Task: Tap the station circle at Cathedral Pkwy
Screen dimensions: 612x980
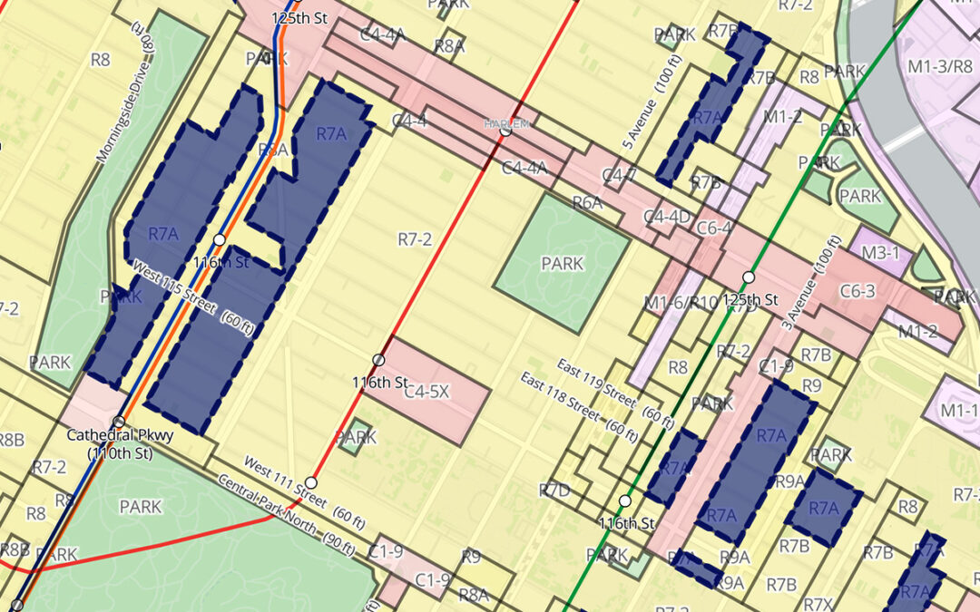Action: tap(119, 422)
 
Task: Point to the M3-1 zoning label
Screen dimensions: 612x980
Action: tap(880, 253)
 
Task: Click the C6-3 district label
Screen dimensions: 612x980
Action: tap(857, 291)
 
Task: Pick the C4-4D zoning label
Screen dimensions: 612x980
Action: tap(667, 218)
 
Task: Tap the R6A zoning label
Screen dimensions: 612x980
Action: tap(587, 203)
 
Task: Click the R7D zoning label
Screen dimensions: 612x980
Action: tap(554, 491)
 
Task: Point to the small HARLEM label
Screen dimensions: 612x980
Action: tap(505, 123)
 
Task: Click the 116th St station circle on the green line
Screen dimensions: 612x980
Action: tap(625, 500)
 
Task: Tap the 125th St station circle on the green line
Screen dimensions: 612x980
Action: tap(749, 277)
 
